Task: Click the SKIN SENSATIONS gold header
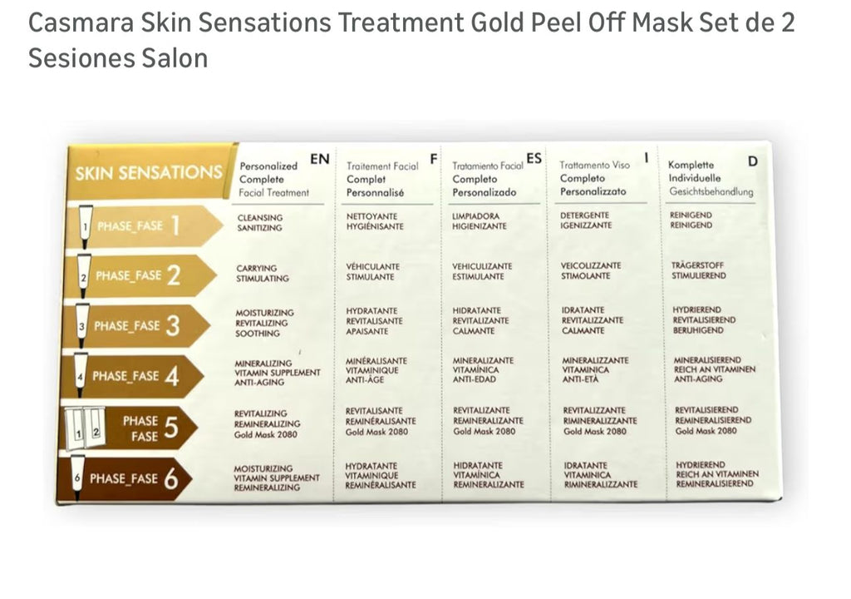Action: (x=148, y=173)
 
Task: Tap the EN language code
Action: (x=320, y=159)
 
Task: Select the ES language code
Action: (x=534, y=158)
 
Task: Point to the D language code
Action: (x=752, y=161)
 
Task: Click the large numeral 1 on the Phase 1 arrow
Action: (x=175, y=225)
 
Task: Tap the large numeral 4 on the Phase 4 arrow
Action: (x=171, y=375)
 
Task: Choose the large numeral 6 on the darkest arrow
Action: (x=171, y=478)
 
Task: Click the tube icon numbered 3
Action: (x=82, y=325)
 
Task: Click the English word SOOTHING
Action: (x=258, y=334)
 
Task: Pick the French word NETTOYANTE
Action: (x=371, y=216)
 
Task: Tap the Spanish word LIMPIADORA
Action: (x=475, y=215)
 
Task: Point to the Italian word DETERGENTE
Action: (x=584, y=215)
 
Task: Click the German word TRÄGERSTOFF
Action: (x=697, y=265)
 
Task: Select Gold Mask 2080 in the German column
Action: (x=706, y=430)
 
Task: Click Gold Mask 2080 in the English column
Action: (x=265, y=434)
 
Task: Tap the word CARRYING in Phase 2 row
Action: (x=256, y=268)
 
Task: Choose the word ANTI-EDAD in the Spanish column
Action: (x=474, y=379)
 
